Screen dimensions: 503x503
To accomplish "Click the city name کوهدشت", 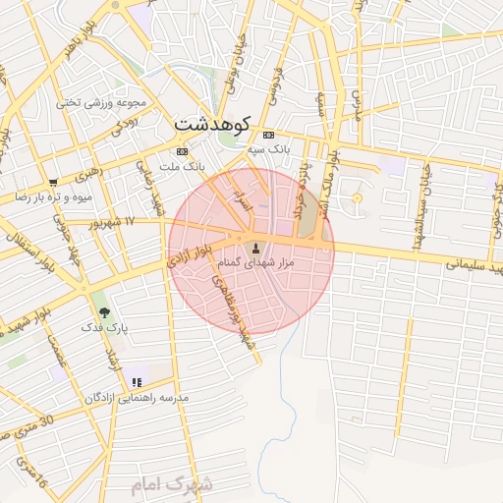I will (212, 125).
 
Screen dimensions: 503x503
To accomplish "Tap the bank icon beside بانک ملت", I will (181, 152).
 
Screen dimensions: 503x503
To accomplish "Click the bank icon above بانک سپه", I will (268, 135).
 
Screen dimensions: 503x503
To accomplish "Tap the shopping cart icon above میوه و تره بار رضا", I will (53, 182).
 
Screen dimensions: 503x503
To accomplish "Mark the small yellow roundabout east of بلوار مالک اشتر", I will (357, 198).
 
